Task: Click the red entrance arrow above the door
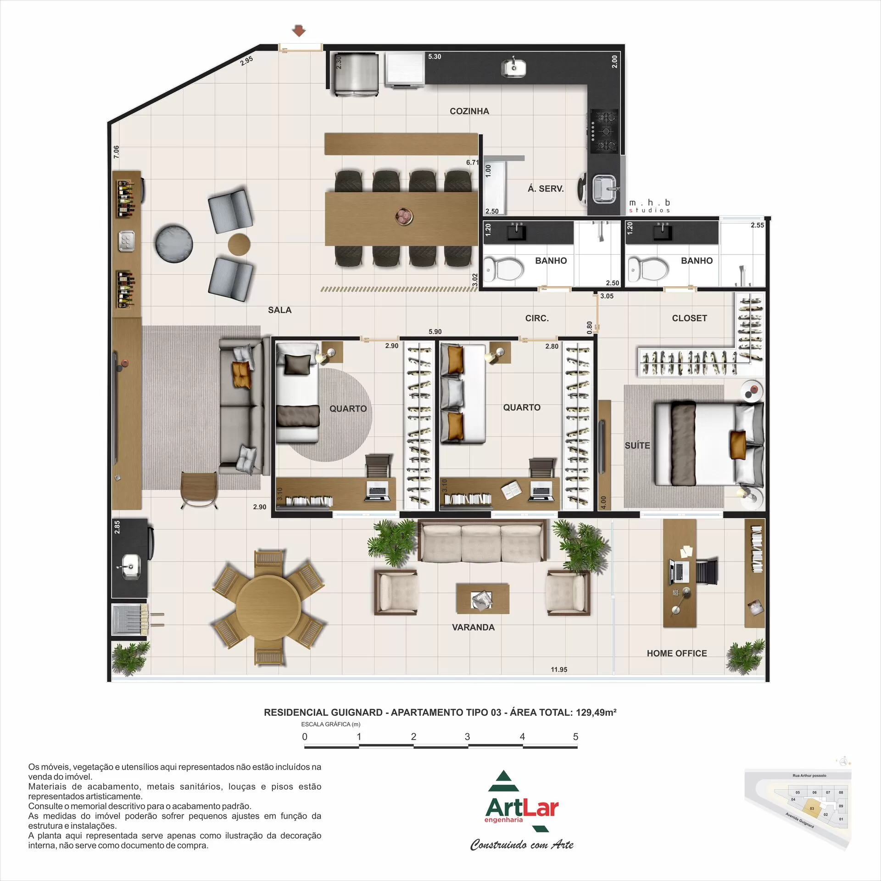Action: (x=299, y=31)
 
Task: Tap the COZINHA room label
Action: (x=469, y=111)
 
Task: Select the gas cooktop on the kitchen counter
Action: (x=604, y=131)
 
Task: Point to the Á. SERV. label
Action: (x=545, y=189)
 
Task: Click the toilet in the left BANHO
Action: (x=505, y=269)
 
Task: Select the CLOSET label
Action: (x=689, y=318)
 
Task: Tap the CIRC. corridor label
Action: (x=537, y=318)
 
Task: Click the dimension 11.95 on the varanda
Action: (x=559, y=669)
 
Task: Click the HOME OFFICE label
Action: (x=676, y=653)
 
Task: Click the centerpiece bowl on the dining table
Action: (x=405, y=216)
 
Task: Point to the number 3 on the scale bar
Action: (x=467, y=736)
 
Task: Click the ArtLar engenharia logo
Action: (x=522, y=810)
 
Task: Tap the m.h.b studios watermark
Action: (x=649, y=206)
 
